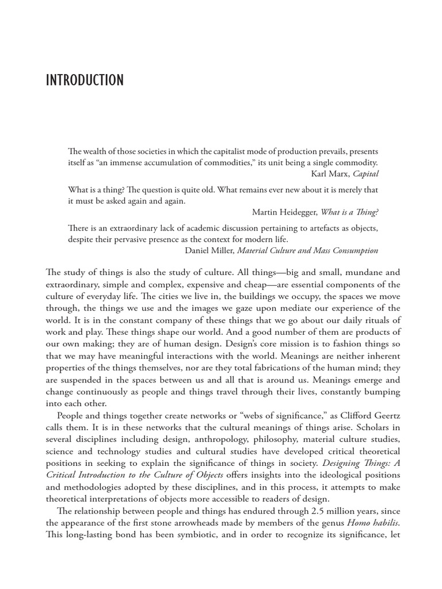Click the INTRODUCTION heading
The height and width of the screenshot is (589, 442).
coord(85,80)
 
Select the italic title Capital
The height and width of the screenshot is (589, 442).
coord(365,174)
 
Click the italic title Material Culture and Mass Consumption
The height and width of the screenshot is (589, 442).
coord(308,250)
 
